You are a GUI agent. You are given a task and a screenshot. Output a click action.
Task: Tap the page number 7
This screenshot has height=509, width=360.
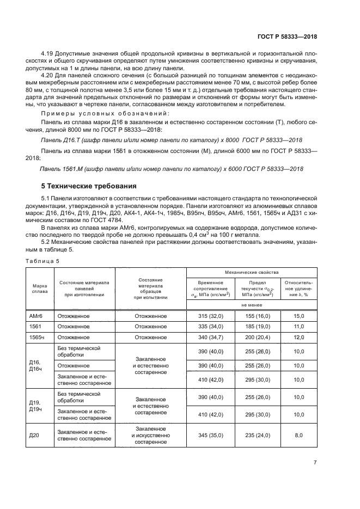pyautogui.click(x=315, y=463)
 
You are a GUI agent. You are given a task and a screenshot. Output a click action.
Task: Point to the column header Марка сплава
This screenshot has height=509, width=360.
pyautogui.click(x=39, y=287)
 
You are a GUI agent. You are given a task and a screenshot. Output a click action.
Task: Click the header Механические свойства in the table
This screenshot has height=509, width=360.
pyautogui.click(x=252, y=271)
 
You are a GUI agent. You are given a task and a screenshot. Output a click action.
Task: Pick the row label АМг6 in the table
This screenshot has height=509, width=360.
pyautogui.click(x=36, y=316)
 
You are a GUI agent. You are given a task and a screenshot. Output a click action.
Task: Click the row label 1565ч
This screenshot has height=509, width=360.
pyautogui.click(x=36, y=338)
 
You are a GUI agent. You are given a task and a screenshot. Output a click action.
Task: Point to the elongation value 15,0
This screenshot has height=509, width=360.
pyautogui.click(x=298, y=316)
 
